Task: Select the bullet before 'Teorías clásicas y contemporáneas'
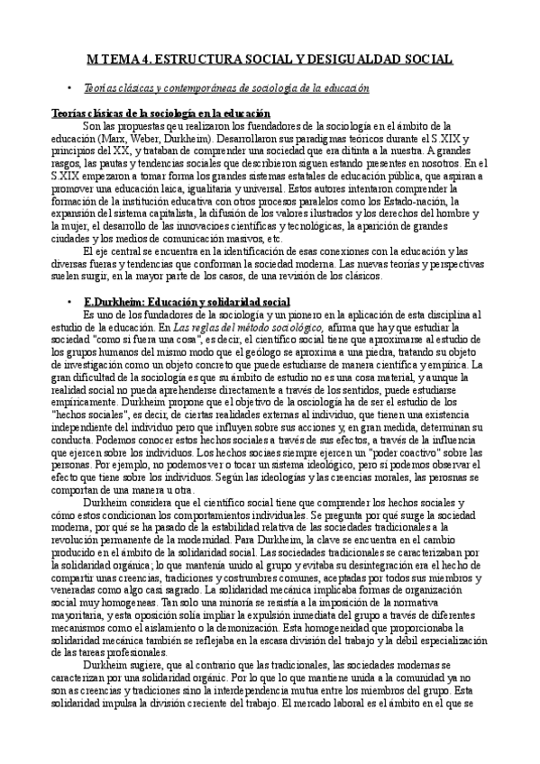pos(70,89)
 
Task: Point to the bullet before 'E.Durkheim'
pos(70,300)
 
